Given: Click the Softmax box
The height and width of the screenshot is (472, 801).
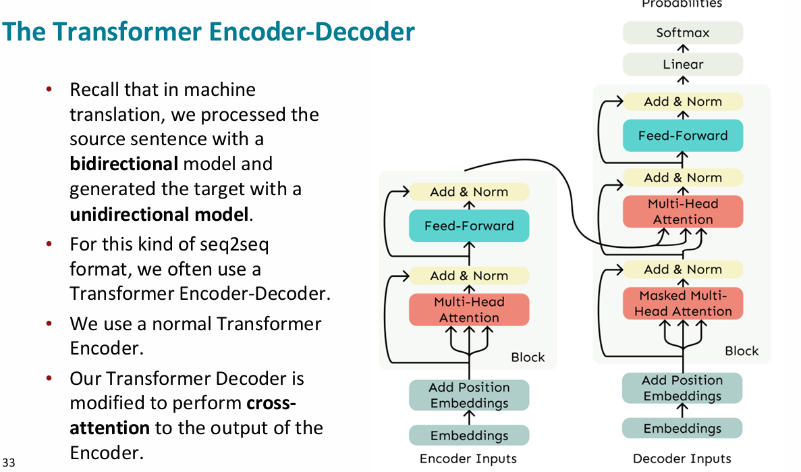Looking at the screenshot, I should coord(682,32).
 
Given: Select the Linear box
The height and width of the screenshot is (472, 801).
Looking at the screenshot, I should coord(682,65).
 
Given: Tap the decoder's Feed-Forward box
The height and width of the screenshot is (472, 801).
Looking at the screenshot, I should coord(682,136).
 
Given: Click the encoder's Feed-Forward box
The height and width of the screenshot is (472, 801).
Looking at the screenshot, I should coord(469,226).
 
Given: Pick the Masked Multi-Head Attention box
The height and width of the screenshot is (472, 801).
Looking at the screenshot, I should coord(682,303).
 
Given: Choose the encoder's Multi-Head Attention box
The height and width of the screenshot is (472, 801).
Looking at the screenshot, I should coord(469,310).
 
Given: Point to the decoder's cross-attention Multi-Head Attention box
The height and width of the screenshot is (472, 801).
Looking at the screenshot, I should coord(682,211).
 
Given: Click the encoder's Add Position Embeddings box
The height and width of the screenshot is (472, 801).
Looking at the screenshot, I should coord(469,395).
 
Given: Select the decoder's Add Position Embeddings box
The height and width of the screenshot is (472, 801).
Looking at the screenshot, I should coord(682,388).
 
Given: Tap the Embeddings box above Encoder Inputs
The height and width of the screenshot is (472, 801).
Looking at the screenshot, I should coord(469,436).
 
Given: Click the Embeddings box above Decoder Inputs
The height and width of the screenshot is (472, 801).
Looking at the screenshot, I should coord(682,429).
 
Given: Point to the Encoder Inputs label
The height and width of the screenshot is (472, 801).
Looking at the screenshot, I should coord(468,459).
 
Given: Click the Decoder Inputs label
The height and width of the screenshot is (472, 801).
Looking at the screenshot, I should coord(682,459).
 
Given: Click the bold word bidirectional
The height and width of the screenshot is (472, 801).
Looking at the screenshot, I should coord(123,164).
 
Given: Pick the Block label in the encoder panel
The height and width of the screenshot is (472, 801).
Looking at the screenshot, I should coord(528,357).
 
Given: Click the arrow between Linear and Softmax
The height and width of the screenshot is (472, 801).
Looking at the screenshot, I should coord(683,49).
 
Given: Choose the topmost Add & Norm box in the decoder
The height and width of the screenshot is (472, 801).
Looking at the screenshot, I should coord(682,102).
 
